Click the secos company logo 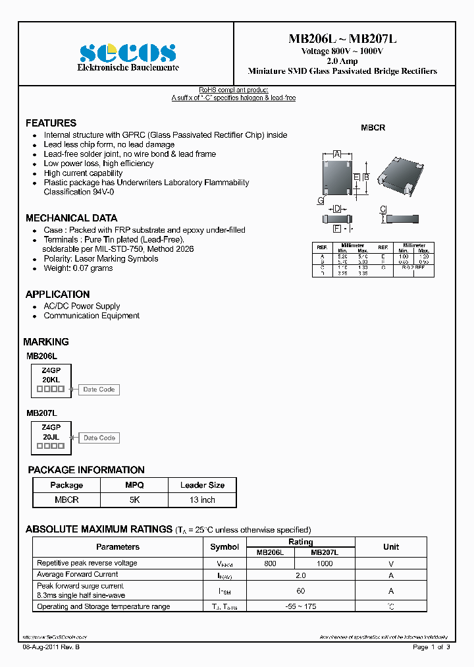click(x=128, y=53)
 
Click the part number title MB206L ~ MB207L click(x=342, y=39)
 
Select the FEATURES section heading click(x=51, y=123)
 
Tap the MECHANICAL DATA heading click(x=71, y=218)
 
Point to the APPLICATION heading click(x=57, y=295)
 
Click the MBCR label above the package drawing click(x=373, y=128)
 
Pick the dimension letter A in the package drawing click(x=337, y=154)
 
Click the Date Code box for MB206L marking click(x=99, y=390)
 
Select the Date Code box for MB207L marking click(x=99, y=438)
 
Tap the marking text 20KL click(x=51, y=380)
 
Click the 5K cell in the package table click(x=134, y=500)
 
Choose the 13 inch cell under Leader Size click(x=202, y=500)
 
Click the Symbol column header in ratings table click(x=224, y=547)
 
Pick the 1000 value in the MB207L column click(x=325, y=564)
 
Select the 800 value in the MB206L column click(x=270, y=564)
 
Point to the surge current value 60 click(x=301, y=591)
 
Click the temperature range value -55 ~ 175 click(x=301, y=606)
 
